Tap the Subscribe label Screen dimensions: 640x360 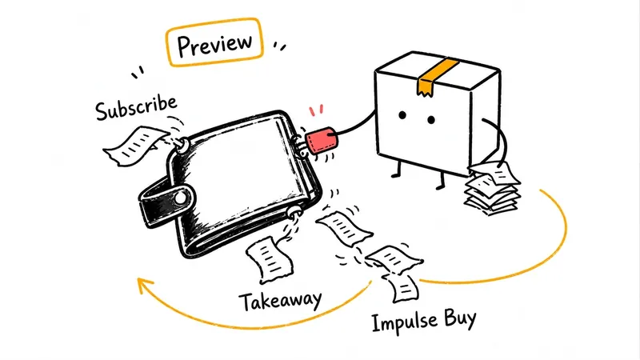click(136, 107)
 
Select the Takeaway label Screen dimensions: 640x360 click(280, 302)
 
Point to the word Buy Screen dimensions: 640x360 click(461, 319)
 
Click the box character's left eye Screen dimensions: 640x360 click(402, 115)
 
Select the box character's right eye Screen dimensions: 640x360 click(431, 119)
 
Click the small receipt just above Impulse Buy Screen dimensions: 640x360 click(402, 288)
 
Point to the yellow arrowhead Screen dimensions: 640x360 click(145, 285)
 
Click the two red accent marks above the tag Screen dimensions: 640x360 click(316, 110)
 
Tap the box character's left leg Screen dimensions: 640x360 click(397, 169)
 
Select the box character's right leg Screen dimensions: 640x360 click(441, 180)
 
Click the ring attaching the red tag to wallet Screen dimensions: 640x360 click(302, 146)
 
